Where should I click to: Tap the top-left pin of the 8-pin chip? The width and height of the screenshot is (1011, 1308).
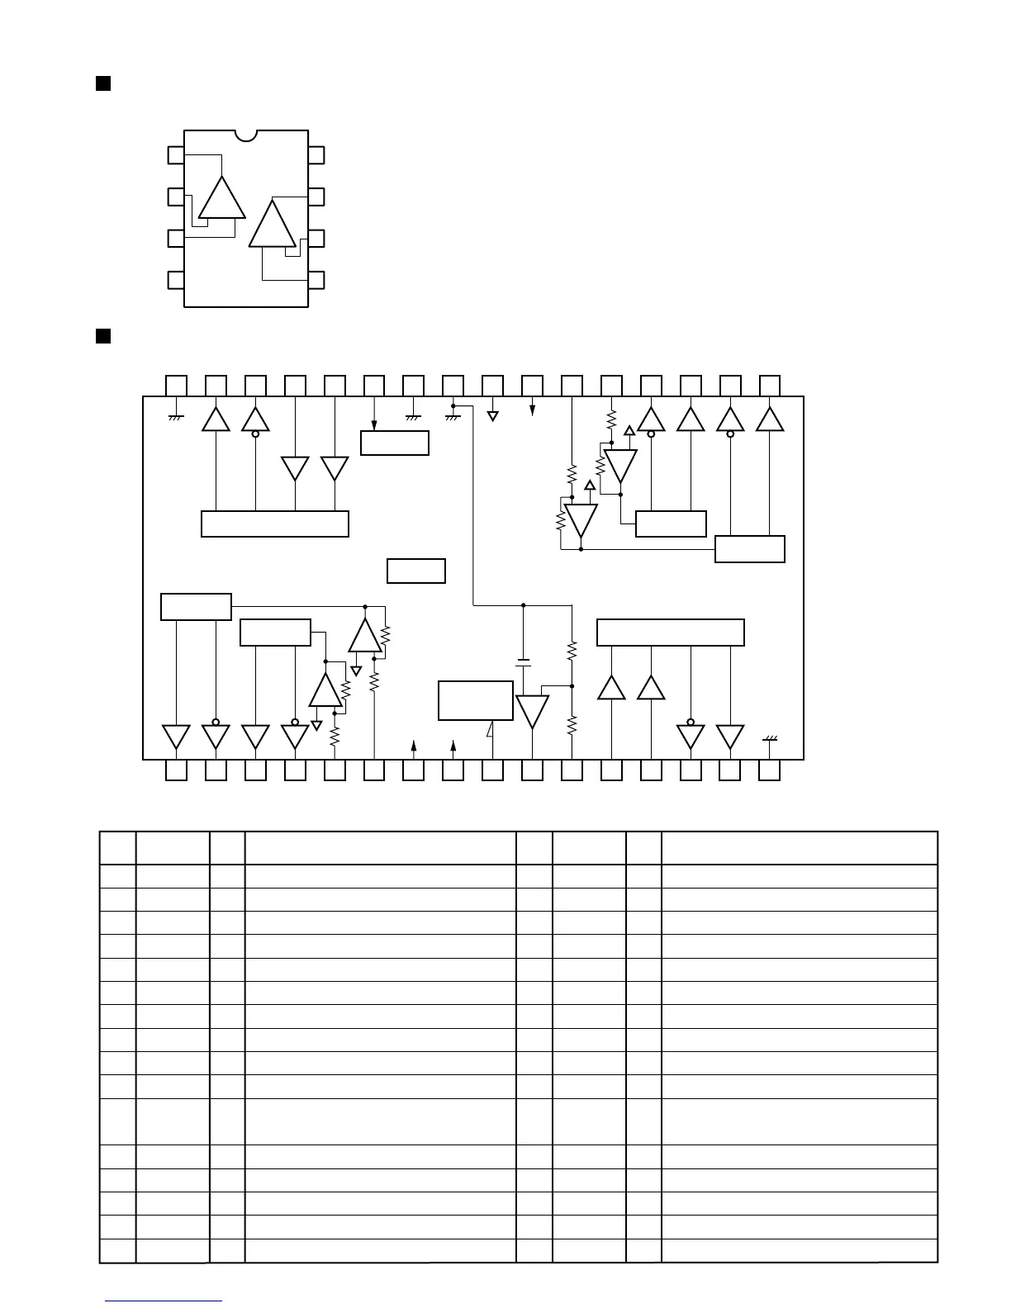(x=176, y=155)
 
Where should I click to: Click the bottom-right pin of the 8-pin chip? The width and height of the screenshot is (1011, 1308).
(x=316, y=279)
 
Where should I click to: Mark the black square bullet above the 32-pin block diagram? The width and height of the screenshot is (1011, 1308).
(x=103, y=335)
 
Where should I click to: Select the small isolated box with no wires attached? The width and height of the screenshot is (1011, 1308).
(x=416, y=571)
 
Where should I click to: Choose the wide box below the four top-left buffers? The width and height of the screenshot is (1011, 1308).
(x=275, y=524)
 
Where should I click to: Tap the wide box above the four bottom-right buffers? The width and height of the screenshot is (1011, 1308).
(x=670, y=632)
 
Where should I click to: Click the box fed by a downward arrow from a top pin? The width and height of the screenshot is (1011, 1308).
(x=395, y=443)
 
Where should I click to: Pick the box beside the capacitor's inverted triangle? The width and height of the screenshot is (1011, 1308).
(x=475, y=700)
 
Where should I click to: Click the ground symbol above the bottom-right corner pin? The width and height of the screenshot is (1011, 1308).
(x=770, y=739)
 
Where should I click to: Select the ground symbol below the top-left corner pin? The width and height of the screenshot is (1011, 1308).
(x=176, y=417)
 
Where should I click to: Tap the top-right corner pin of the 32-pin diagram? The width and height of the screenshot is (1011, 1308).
(x=770, y=385)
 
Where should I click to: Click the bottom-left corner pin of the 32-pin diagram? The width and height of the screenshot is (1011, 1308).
(x=176, y=770)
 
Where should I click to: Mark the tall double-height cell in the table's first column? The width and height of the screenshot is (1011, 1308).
(x=117, y=1121)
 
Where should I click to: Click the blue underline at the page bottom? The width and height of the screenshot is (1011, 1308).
(x=164, y=1301)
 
